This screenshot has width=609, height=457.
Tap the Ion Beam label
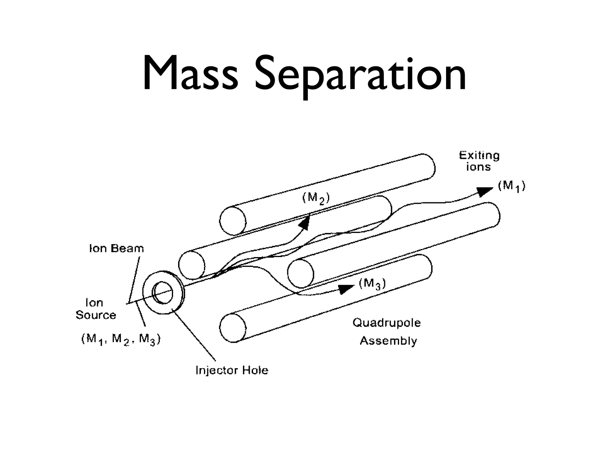tap(117, 248)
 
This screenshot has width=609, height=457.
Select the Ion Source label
tap(96, 309)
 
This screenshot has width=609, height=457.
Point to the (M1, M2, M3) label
tap(121, 339)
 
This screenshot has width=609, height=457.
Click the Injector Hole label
tap(232, 370)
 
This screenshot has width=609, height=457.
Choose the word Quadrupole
tap(387, 323)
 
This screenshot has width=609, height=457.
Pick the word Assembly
tap(388, 341)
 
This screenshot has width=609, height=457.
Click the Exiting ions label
tap(479, 161)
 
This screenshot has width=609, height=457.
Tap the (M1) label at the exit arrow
tap(511, 187)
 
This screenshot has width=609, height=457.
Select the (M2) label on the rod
tap(316, 198)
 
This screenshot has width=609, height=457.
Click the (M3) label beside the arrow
tap(372, 284)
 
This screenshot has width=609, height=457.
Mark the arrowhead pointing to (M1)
tap(484, 191)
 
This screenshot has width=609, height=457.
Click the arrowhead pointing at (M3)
tap(346, 288)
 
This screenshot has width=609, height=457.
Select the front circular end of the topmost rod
tap(233, 220)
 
